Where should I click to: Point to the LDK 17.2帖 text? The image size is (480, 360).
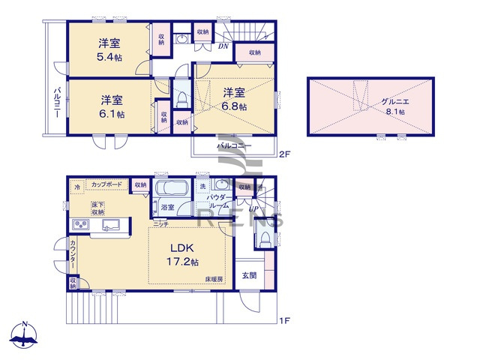pyautogui.click(x=183, y=255)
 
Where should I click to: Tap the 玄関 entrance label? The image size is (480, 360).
pyautogui.click(x=249, y=275)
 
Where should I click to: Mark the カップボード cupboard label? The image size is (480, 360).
pyautogui.click(x=104, y=184)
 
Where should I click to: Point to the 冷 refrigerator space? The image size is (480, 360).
pyautogui.click(x=77, y=185)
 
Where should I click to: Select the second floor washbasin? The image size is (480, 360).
pyautogui.click(x=182, y=39)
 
